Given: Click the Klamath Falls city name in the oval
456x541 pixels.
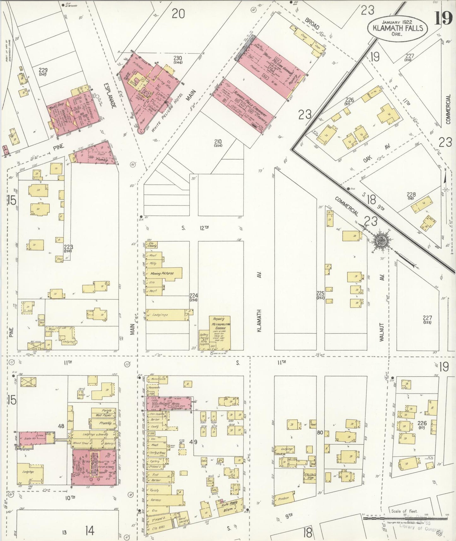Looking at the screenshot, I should click(398, 28).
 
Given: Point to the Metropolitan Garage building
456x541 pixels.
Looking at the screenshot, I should click(220, 331).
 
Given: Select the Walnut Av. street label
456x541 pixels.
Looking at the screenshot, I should click(382, 331).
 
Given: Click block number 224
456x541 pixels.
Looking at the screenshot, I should click(194, 295).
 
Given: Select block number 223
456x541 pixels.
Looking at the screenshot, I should click(68, 247).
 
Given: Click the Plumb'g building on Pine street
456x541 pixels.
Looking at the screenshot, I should click(101, 159).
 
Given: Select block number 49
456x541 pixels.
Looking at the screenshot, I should click(193, 442).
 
